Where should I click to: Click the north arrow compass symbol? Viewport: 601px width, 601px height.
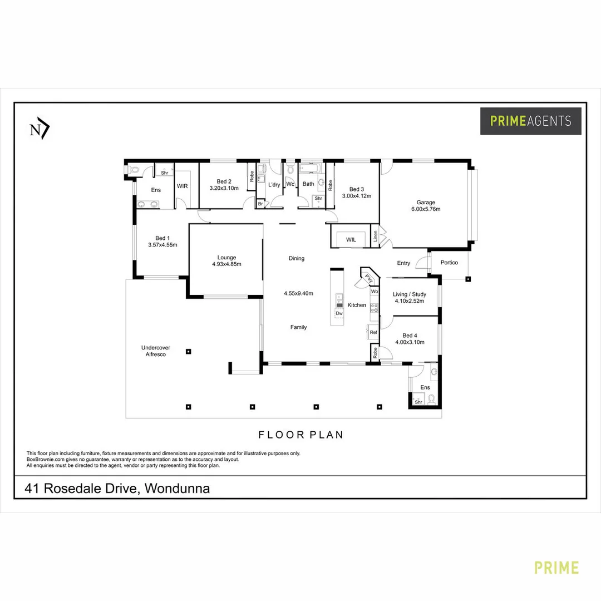[x=40, y=129]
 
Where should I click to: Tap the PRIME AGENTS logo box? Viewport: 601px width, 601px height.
[x=530, y=121]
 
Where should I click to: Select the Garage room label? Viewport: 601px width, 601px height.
[x=426, y=203]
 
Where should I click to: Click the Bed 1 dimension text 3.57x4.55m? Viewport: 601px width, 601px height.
[x=163, y=245]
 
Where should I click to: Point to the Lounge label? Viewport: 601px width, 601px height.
[x=226, y=258]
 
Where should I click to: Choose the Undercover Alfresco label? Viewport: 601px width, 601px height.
[x=156, y=351]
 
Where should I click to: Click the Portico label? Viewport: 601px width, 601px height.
[x=449, y=263]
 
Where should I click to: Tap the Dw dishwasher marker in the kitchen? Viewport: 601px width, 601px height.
[x=339, y=313]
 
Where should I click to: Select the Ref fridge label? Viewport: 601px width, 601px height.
[x=373, y=332]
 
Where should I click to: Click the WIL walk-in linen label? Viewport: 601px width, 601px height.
[x=351, y=239]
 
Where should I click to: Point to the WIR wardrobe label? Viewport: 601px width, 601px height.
[x=183, y=186]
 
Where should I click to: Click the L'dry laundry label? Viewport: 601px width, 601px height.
[x=274, y=185]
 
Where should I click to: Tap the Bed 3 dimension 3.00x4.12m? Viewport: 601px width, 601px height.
[x=357, y=196]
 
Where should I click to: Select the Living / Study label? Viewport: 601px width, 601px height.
[x=410, y=294]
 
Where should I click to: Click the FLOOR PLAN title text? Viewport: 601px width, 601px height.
[x=301, y=435]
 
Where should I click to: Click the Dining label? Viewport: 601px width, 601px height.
[x=297, y=258]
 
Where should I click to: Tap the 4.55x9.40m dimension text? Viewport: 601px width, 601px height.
[x=299, y=294]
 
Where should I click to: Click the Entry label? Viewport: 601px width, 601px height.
[x=403, y=263]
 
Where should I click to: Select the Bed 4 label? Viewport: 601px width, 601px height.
[x=410, y=336]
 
